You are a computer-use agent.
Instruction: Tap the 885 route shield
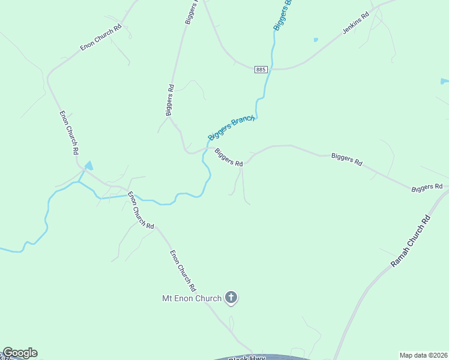click(260, 70)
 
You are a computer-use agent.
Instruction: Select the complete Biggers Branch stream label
click(232, 128)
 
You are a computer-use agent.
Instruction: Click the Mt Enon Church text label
click(191, 298)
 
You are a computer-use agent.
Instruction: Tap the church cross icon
click(232, 298)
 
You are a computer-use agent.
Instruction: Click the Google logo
click(20, 353)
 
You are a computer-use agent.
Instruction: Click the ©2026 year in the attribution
click(436, 355)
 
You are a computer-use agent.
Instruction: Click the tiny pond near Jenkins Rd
click(316, 40)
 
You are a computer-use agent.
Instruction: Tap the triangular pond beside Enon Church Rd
click(89, 165)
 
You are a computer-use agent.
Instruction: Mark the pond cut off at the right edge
click(445, 81)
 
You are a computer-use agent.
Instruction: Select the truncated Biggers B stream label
click(282, 16)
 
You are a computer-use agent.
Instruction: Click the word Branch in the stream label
click(244, 121)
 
